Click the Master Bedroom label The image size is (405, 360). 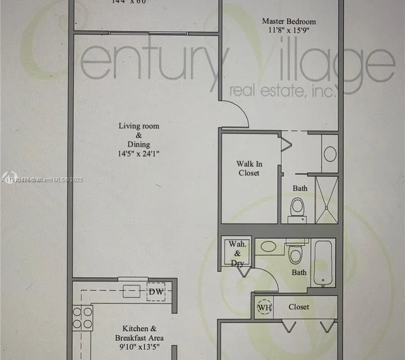pos(289,21)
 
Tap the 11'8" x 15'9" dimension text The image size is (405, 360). pos(288,31)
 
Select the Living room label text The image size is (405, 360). pos(139,126)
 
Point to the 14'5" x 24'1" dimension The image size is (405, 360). pos(139,153)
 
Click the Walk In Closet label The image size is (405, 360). pos(249,168)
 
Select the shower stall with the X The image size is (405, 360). pos(327,199)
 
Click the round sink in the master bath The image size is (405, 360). pos(330,153)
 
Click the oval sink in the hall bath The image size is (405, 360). pos(269,247)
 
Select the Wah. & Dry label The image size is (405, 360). pos(237,253)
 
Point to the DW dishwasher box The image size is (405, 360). pos(156,292)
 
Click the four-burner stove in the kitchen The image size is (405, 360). pos(83,317)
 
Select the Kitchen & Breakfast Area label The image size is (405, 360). pos(139,333)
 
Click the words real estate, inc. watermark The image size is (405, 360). pos(283,91)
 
